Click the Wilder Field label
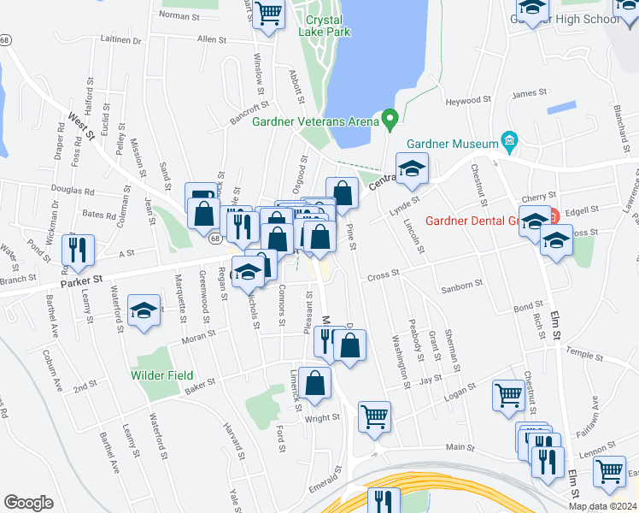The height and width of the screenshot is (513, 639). (161, 375)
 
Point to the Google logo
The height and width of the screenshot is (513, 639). (28, 502)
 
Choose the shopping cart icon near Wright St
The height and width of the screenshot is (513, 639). (374, 416)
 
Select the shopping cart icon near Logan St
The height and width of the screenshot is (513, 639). (508, 395)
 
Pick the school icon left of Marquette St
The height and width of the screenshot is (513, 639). (144, 310)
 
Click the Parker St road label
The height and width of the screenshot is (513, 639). (81, 280)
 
